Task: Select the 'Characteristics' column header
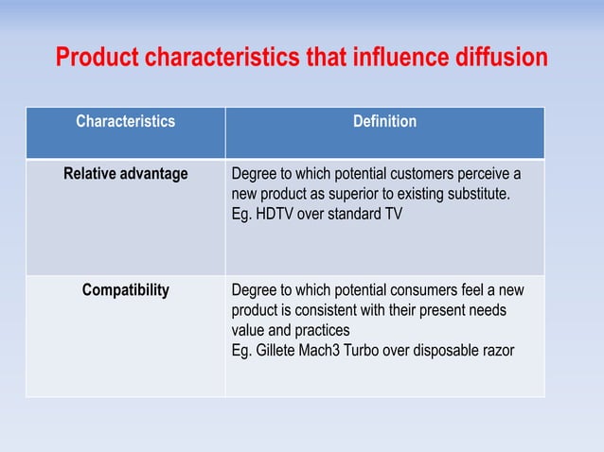[x=125, y=122]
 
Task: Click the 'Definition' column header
[x=384, y=122]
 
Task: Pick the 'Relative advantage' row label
[x=125, y=175]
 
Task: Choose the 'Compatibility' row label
[x=125, y=290]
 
